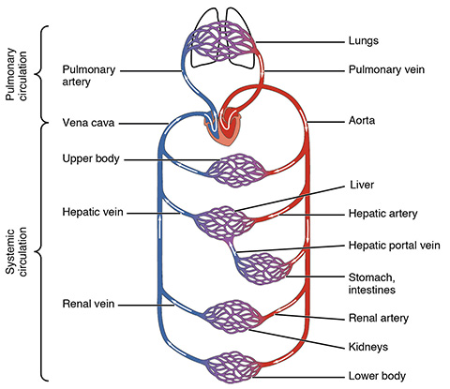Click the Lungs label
click(x=364, y=41)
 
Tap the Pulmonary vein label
click(x=386, y=69)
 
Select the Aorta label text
click(x=362, y=120)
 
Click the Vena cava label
click(x=88, y=123)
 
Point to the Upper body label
click(x=91, y=158)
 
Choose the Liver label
click(x=362, y=185)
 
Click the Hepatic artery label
click(x=383, y=214)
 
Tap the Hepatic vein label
click(x=93, y=212)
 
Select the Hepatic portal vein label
click(x=395, y=246)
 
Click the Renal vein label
click(x=88, y=304)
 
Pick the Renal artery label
click(x=379, y=318)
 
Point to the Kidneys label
click(x=368, y=347)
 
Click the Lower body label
click(x=377, y=376)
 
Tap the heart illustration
click(x=223, y=127)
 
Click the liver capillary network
click(x=224, y=223)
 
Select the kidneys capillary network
click(x=232, y=317)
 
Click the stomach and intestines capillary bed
click(x=263, y=269)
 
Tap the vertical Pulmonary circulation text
click(x=17, y=74)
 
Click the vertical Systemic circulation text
click(x=17, y=252)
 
